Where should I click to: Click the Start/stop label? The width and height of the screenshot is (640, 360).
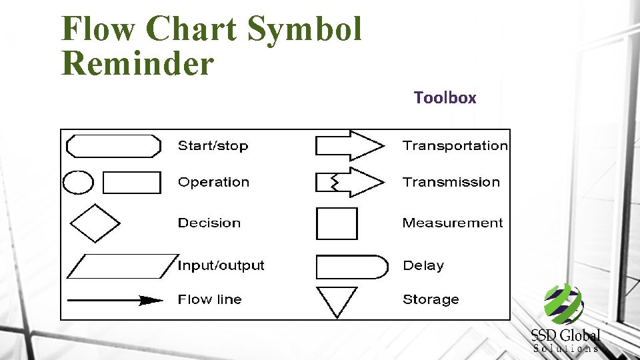(x=213, y=146)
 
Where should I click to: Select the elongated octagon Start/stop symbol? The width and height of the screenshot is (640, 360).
(x=114, y=146)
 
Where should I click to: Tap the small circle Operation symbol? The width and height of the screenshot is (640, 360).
(x=78, y=182)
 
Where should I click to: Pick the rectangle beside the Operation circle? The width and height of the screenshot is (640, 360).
(x=132, y=182)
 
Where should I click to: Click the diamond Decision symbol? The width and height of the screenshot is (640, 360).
(x=95, y=223)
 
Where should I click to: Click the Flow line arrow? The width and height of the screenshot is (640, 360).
(x=115, y=300)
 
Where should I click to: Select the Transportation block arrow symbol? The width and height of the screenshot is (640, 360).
(x=349, y=145)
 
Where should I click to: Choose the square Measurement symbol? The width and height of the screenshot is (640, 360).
(x=337, y=223)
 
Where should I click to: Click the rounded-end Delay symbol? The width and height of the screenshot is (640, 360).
(x=351, y=266)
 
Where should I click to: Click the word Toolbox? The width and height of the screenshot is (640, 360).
(x=445, y=98)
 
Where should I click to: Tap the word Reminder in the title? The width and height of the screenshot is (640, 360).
(x=137, y=64)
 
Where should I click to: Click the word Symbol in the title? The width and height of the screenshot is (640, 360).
(x=304, y=29)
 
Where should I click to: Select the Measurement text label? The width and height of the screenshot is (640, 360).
(x=453, y=223)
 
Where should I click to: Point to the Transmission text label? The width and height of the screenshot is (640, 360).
(x=451, y=182)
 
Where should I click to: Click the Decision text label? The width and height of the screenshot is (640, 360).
(x=209, y=223)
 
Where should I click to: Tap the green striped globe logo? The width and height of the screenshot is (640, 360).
(x=563, y=304)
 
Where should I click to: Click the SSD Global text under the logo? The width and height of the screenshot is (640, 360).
(x=566, y=335)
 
